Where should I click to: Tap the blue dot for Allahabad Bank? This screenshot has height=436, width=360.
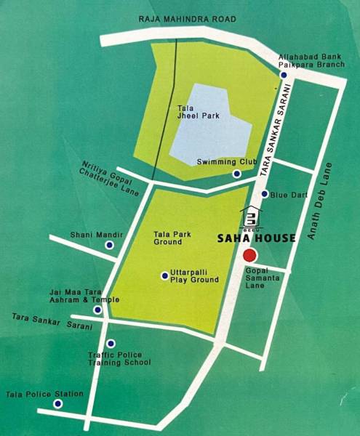[283, 75]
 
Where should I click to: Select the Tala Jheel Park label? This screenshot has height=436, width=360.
[192, 113]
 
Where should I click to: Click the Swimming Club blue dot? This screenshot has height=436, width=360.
[236, 174]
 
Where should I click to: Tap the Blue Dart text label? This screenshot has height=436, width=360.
[289, 195]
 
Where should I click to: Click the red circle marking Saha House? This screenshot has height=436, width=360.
[249, 255]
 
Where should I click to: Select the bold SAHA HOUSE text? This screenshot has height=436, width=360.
[257, 238]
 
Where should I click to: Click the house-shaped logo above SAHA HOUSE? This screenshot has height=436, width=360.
[250, 217]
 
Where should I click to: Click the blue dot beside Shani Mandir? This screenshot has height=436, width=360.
[109, 246]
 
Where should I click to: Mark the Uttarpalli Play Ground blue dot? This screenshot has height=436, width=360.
[164, 275]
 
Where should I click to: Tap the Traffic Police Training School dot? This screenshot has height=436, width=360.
[111, 344]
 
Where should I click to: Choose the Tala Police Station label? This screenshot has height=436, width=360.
[44, 394]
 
